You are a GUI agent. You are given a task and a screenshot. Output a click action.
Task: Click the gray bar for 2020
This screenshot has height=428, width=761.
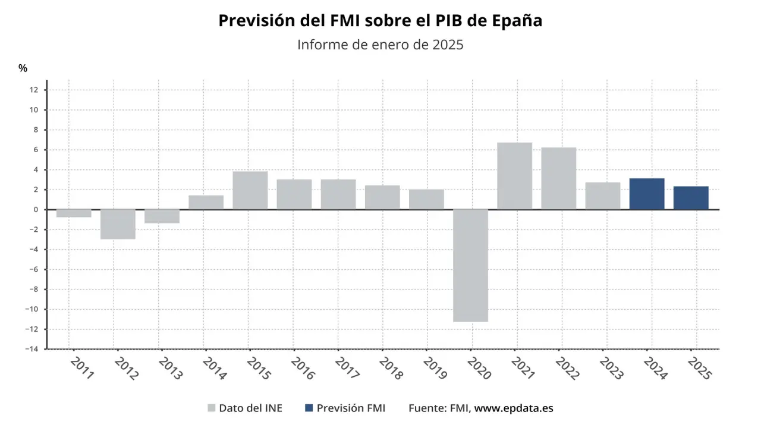[x=470, y=265]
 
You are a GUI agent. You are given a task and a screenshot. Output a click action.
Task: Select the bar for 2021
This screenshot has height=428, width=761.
[x=514, y=176]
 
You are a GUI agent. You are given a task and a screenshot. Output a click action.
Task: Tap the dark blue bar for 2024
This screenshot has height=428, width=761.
[x=647, y=194]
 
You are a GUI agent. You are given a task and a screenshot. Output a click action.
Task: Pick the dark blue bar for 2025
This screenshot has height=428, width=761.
[x=691, y=198]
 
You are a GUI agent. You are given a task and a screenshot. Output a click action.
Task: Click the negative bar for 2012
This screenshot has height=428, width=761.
[x=118, y=224]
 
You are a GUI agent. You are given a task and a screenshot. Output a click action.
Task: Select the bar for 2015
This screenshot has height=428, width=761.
[x=250, y=190]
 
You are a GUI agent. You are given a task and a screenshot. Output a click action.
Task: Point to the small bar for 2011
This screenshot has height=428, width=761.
[x=74, y=213]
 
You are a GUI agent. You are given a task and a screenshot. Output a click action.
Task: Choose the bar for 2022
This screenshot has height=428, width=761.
[x=558, y=178]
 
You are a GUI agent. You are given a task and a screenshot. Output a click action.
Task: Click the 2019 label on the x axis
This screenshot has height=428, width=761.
[x=435, y=368]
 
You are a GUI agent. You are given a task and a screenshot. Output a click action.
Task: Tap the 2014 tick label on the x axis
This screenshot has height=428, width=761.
[x=214, y=368]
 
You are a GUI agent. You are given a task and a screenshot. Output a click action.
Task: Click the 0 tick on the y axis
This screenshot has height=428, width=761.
[x=36, y=209]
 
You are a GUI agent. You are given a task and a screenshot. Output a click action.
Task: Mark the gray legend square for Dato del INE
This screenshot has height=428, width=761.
[x=211, y=408]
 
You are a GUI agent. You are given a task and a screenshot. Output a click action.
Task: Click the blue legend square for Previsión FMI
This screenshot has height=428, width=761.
[x=309, y=408]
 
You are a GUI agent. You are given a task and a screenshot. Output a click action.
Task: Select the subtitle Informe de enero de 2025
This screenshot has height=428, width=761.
[x=380, y=45]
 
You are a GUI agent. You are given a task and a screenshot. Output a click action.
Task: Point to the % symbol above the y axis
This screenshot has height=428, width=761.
[x=23, y=68]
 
